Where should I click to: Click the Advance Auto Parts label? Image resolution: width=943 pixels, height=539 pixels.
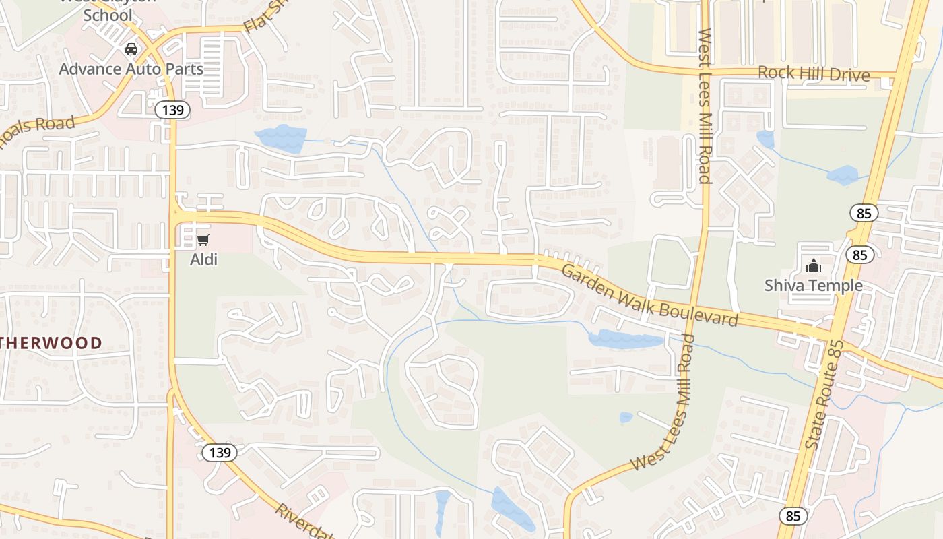pyautogui.click(x=131, y=69)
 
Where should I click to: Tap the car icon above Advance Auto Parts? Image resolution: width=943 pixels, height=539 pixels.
pyautogui.click(x=131, y=49)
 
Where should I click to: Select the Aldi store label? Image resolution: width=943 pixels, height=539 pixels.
pyautogui.click(x=203, y=259)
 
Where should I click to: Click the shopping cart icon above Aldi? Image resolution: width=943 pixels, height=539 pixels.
pyautogui.click(x=203, y=240)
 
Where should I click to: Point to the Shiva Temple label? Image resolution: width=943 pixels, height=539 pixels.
pyautogui.click(x=813, y=285)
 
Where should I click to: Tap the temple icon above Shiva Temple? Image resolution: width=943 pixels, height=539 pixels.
pyautogui.click(x=813, y=265)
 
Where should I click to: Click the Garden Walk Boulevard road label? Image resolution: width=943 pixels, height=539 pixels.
pyautogui.click(x=649, y=294)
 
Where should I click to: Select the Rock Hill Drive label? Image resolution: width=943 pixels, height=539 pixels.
pyautogui.click(x=814, y=73)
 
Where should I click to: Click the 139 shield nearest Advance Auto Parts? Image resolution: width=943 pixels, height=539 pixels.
pyautogui.click(x=173, y=110)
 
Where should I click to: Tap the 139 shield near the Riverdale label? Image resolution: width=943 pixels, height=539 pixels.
pyautogui.click(x=220, y=453)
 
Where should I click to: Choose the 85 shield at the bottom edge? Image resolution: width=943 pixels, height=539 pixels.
pyautogui.click(x=793, y=516)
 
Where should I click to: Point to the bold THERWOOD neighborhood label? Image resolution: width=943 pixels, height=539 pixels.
pyautogui.click(x=51, y=343)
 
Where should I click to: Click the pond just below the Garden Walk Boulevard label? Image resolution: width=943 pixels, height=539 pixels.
pyautogui.click(x=626, y=340)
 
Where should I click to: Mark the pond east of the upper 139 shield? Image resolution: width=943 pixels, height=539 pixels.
pyautogui.click(x=281, y=138)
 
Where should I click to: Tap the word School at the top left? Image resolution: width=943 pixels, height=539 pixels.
pyautogui.click(x=108, y=15)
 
